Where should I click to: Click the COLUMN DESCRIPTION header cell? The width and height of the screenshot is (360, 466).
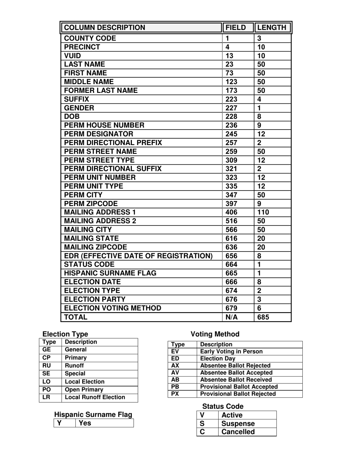tap(104, 28)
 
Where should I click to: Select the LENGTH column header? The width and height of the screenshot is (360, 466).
tap(272, 28)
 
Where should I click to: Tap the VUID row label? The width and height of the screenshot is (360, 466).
tap(73, 56)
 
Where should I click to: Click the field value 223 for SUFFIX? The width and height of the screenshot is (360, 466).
tap(232, 99)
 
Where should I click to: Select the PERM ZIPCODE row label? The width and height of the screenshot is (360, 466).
tap(91, 203)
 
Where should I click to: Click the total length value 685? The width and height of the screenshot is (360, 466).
tap(263, 317)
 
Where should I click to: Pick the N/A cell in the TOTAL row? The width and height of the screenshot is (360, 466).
tap(232, 317)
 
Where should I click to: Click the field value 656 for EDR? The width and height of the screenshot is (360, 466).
tap(232, 256)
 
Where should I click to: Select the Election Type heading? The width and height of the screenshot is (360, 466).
tap(65, 334)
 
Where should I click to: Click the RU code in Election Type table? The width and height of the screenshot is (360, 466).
tap(47, 366)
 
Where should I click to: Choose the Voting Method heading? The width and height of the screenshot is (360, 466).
tap(215, 334)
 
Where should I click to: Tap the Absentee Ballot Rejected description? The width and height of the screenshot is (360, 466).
tap(235, 366)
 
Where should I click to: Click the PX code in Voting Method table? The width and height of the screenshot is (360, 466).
tap(175, 394)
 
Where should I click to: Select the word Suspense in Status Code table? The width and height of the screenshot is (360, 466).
tap(238, 424)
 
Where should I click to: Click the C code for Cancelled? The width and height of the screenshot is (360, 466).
tap(202, 432)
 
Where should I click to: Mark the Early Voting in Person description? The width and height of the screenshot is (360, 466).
tap(231, 352)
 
